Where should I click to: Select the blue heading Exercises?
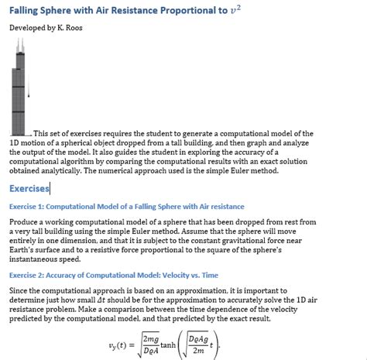click(29, 188)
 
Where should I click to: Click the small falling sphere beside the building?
click(29, 94)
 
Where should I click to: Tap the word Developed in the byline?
click(26, 29)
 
